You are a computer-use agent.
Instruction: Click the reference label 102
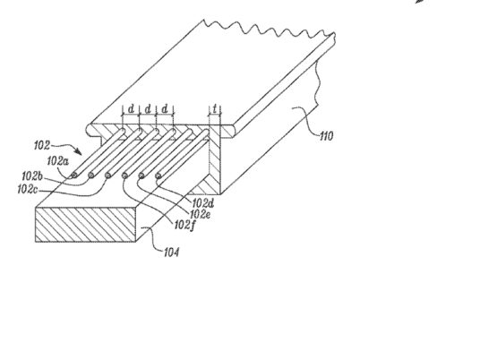(x=42, y=145)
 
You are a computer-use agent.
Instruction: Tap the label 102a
(x=57, y=161)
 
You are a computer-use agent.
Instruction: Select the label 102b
(x=32, y=176)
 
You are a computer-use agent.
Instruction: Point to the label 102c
(x=28, y=190)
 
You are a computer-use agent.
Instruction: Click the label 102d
(x=203, y=203)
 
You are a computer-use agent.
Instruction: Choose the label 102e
(x=201, y=214)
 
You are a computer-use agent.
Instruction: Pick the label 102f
(x=184, y=226)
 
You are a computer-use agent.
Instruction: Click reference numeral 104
(x=171, y=253)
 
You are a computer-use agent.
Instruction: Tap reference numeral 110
(x=326, y=136)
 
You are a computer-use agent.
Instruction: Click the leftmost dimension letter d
(x=131, y=108)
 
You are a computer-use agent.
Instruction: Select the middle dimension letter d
(x=148, y=108)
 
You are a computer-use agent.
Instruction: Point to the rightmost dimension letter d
(x=165, y=108)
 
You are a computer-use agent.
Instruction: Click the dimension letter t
(x=215, y=108)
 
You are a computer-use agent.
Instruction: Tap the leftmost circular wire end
(x=74, y=176)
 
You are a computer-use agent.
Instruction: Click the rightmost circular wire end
(x=159, y=176)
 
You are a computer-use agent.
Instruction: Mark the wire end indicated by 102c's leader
(x=107, y=176)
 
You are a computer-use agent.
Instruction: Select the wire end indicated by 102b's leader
(x=91, y=175)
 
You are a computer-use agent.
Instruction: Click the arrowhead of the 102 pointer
(x=79, y=151)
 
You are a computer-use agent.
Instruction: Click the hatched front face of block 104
(x=85, y=225)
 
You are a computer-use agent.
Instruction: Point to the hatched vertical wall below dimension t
(x=214, y=159)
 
